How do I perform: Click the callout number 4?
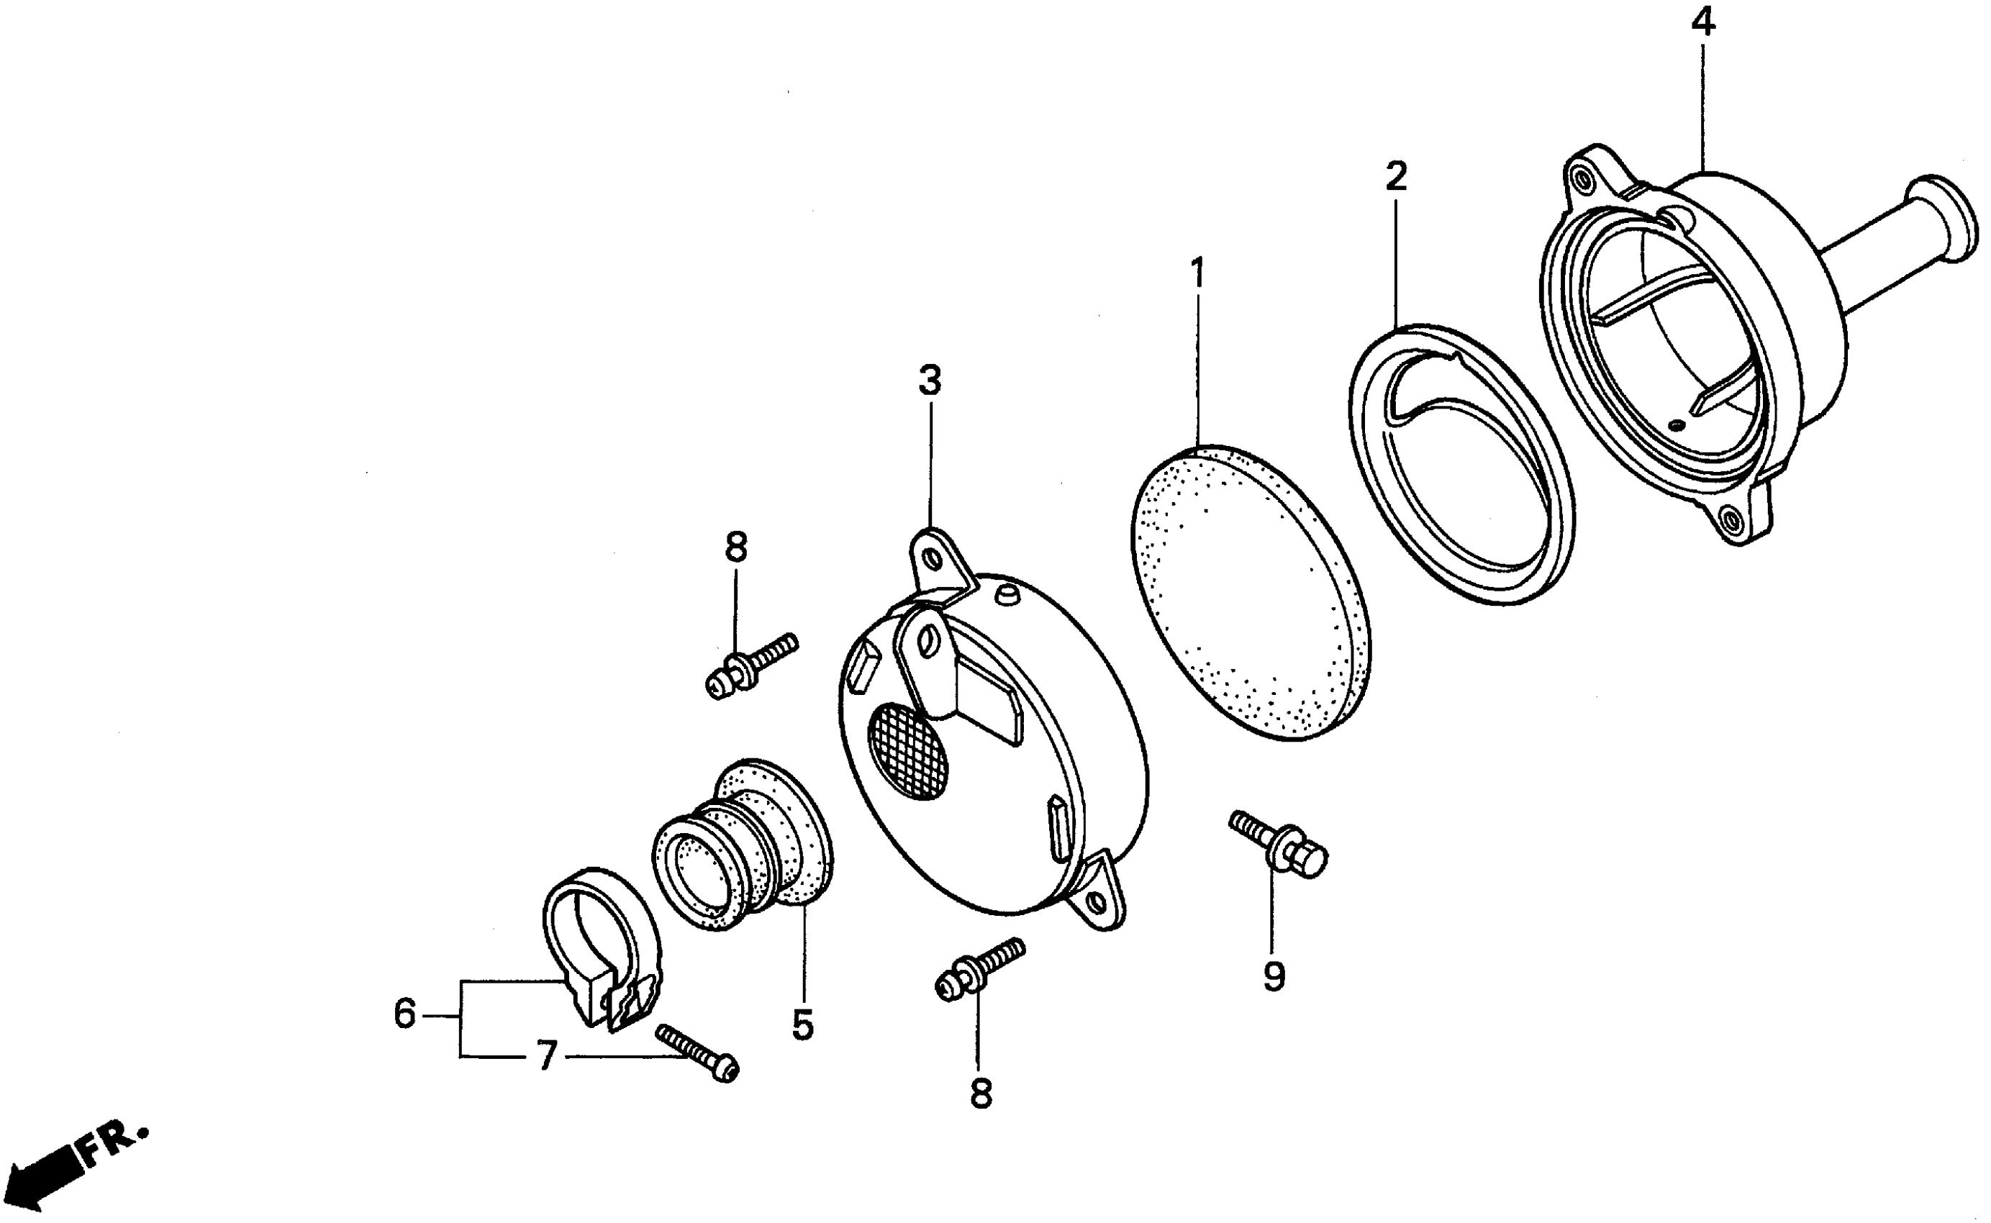pos(1702,22)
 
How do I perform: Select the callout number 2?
pos(1395,176)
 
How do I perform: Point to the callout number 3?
pos(930,379)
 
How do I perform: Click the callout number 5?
pos(802,1025)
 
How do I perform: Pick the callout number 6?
pos(404,1014)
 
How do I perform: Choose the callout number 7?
pos(547,1055)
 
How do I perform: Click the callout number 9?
pos(1274,977)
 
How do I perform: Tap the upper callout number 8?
pos(735,547)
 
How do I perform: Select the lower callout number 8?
pos(980,1094)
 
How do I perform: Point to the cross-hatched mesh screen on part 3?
pos(906,750)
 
